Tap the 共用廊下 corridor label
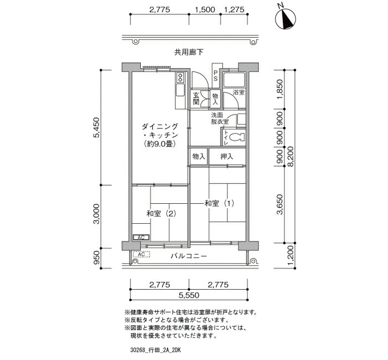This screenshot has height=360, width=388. coord(189,52)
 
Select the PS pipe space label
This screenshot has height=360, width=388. coord(215,76)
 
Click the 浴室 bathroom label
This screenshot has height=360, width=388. coord(239,92)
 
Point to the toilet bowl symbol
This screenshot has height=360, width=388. coord(236,137)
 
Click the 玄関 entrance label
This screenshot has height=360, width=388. coord(196,99)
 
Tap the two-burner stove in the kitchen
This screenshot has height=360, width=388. coord(180,78)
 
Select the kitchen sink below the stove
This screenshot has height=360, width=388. coord(180,91)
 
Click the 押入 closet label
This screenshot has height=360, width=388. coord(227,157)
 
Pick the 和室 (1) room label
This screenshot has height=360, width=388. coord(219,203)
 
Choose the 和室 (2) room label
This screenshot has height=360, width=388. coord(161,213)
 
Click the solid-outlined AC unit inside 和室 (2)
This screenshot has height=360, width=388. coord(141,238)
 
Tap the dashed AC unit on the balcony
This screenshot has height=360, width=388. coord(141,254)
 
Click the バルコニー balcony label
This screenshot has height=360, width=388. coord(188,256)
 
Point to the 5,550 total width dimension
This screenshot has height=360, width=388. coord(188,295)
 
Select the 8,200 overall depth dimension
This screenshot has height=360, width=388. coord(290,157)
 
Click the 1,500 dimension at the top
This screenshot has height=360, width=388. coord(205,9)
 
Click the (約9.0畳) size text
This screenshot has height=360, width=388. coord(160,144)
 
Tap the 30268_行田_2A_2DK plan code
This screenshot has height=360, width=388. coord(155,351)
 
